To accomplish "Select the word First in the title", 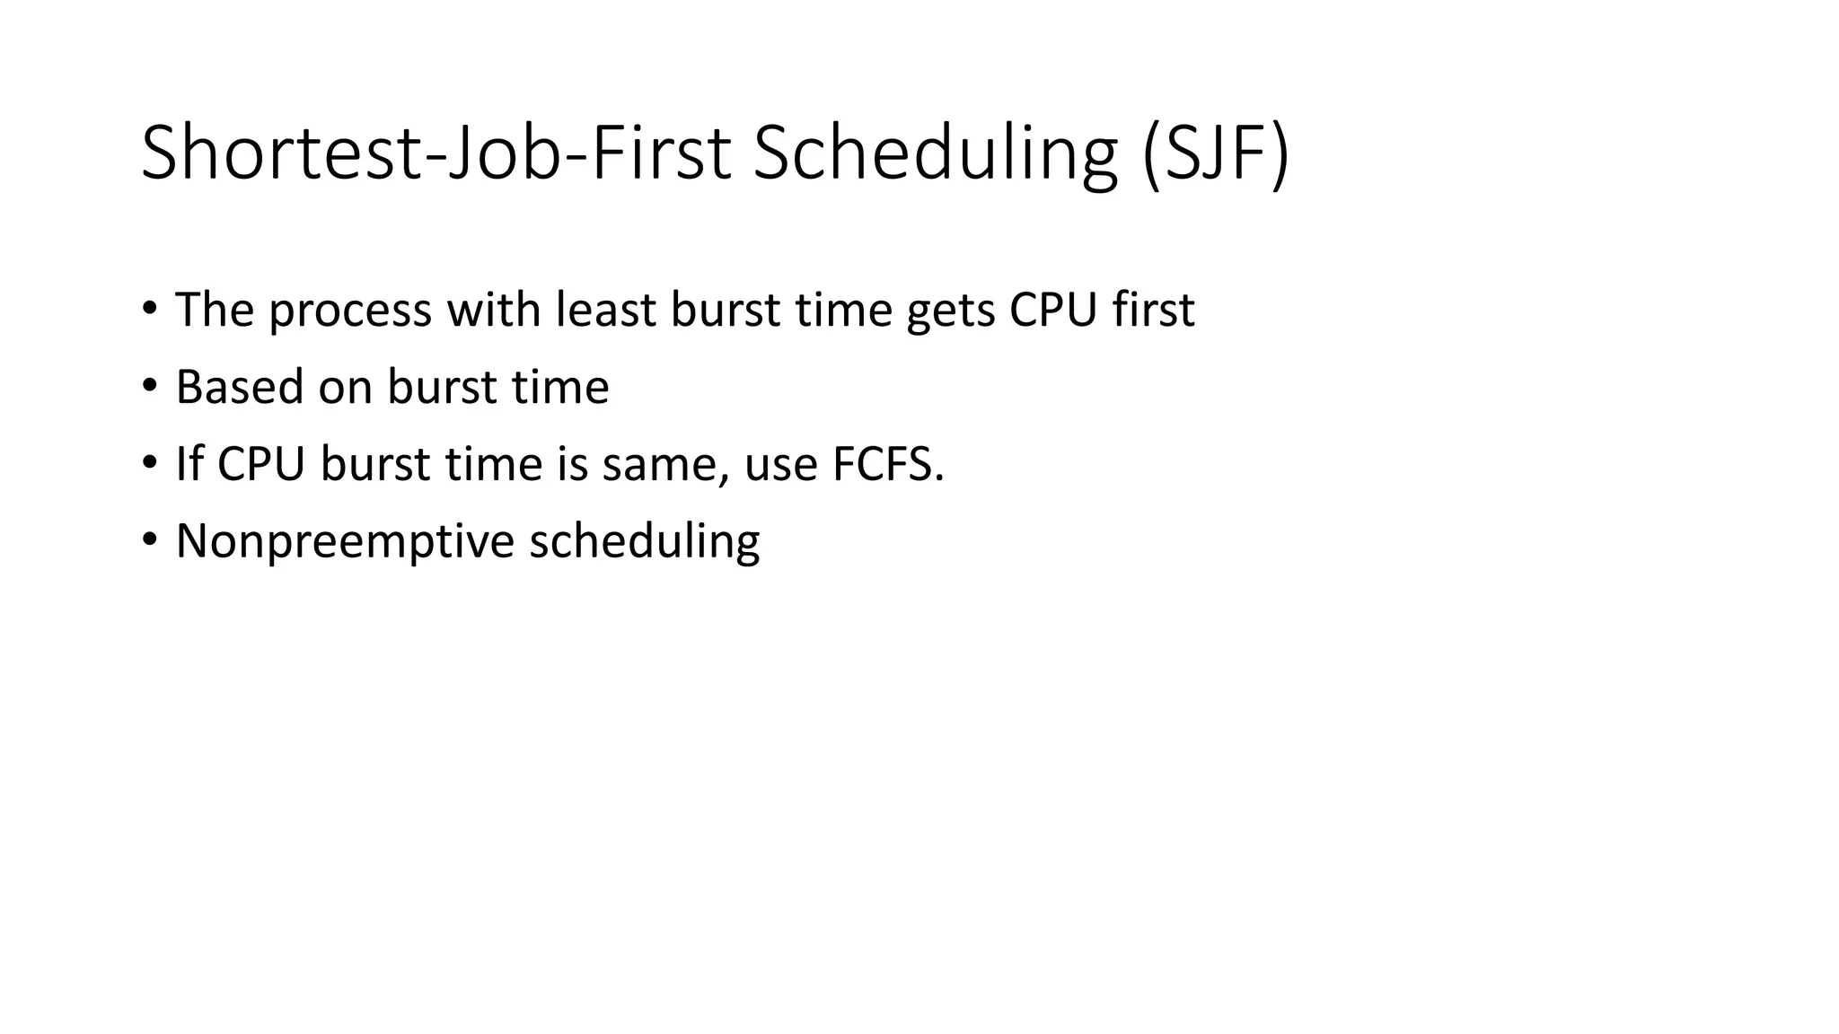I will tap(661, 153).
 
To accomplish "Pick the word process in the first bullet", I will tap(350, 311).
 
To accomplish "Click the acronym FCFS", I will tap(885, 464).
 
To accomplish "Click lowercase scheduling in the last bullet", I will tap(644, 542).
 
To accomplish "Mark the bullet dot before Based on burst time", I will tap(149, 386).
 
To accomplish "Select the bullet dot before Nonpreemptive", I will tap(149, 540).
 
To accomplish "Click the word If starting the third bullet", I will tap(189, 464).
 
